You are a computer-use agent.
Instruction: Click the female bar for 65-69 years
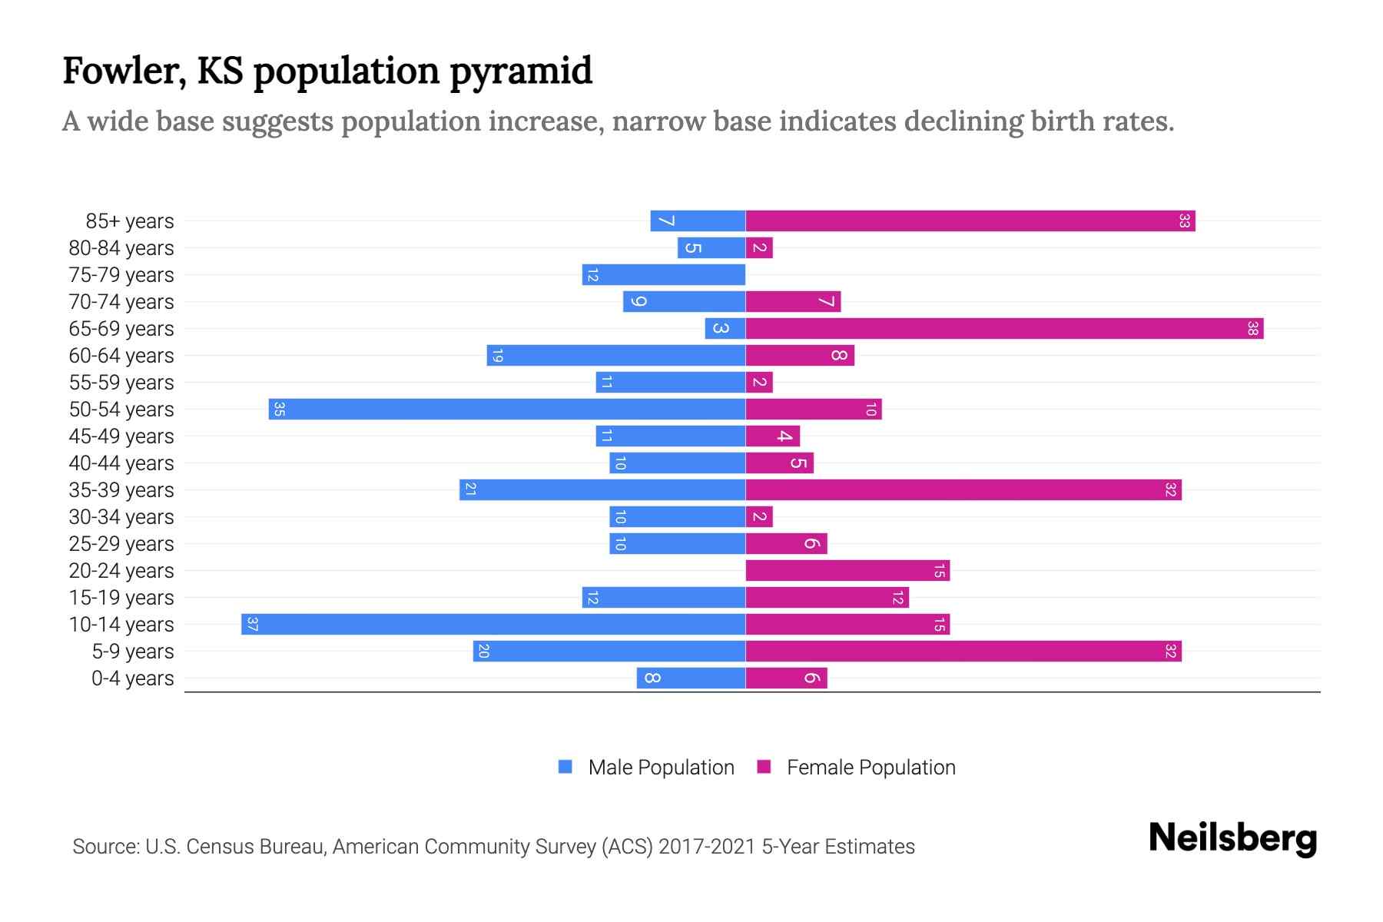(1004, 329)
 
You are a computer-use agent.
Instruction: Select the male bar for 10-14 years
(493, 625)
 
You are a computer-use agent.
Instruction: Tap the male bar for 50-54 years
(507, 410)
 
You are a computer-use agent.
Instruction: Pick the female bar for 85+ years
(970, 221)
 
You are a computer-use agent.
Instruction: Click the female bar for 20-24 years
(847, 571)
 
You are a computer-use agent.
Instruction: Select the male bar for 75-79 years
(664, 275)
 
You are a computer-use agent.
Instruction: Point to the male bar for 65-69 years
(725, 329)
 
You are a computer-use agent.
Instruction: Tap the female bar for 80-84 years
(759, 248)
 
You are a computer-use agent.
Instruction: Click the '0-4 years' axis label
(132, 678)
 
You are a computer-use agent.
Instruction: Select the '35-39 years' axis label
(121, 490)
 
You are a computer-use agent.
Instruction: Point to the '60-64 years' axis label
(121, 356)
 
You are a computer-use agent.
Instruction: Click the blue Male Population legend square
(565, 767)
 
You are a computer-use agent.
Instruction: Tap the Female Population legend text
(871, 768)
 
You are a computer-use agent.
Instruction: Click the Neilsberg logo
(1232, 838)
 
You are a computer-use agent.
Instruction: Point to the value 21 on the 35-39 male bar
(470, 490)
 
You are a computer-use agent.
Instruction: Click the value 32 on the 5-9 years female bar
(1170, 652)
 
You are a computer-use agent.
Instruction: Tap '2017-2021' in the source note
(706, 847)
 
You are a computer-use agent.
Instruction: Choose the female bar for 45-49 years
(772, 436)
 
